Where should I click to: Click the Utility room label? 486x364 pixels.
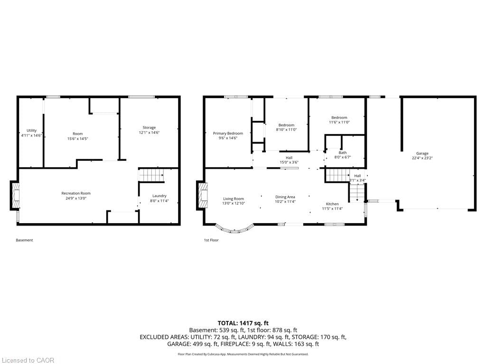click(x=31, y=130)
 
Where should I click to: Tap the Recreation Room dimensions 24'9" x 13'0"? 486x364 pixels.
click(x=76, y=198)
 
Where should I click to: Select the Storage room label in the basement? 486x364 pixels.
click(x=149, y=127)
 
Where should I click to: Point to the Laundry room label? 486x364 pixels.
click(x=159, y=196)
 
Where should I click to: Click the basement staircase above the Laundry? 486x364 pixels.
click(x=151, y=175)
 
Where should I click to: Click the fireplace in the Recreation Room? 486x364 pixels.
click(x=16, y=196)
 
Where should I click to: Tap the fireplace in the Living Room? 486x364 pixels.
click(x=202, y=196)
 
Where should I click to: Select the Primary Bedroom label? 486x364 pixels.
click(x=228, y=133)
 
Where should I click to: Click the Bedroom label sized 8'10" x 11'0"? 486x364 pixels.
click(x=286, y=125)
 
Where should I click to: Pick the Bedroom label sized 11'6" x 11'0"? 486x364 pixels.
click(x=339, y=118)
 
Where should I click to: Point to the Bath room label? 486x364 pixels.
click(x=342, y=153)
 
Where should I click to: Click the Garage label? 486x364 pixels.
click(x=422, y=153)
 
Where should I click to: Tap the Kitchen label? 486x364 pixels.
click(x=332, y=204)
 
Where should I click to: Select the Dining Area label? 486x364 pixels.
click(x=285, y=197)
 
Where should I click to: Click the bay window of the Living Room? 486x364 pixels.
click(x=234, y=229)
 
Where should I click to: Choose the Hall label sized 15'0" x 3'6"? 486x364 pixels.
click(x=289, y=158)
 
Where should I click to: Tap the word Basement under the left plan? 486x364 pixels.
click(x=24, y=240)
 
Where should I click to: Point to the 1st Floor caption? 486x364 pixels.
click(x=211, y=240)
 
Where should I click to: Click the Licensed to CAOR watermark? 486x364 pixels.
click(x=28, y=360)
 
